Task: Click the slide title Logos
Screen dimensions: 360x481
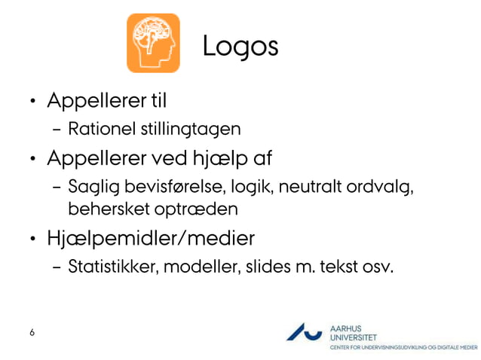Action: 240,46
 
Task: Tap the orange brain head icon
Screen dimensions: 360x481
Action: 153,43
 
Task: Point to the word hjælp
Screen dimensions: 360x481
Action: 224,160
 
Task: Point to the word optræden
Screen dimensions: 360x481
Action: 184,208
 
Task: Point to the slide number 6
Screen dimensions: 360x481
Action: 32,332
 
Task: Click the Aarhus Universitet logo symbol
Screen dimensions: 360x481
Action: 305,332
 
